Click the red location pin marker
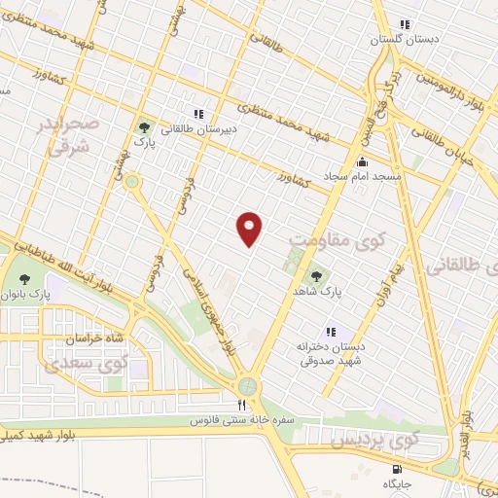[x=251, y=229]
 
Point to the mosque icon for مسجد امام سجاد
[x=363, y=160]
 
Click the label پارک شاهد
[x=316, y=290]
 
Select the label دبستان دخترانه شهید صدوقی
[x=331, y=351]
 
